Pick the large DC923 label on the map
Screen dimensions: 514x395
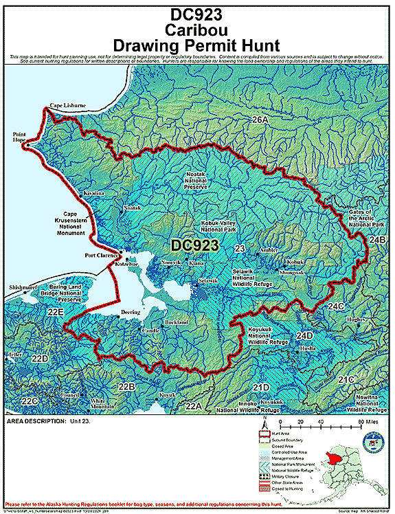(x=194, y=245)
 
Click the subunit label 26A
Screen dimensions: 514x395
(x=260, y=121)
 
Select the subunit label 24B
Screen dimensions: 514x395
(x=378, y=239)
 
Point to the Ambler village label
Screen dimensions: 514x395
(x=269, y=250)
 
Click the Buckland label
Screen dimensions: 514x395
(x=177, y=322)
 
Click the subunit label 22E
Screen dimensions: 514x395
(x=55, y=312)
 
